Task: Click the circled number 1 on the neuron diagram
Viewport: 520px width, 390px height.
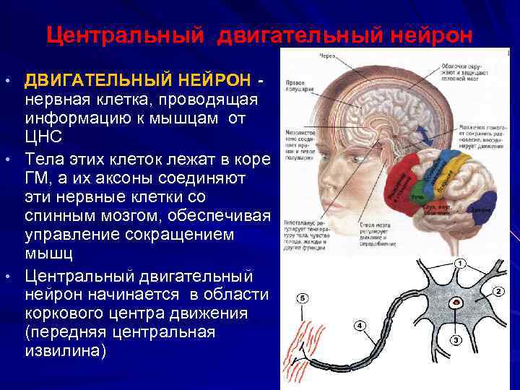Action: point(460,264)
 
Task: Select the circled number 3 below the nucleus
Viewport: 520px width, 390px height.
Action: point(456,339)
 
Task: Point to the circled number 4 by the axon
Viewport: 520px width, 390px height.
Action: point(359,326)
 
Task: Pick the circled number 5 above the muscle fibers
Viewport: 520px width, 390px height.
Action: point(302,298)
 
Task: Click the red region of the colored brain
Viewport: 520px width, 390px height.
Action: point(404,180)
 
